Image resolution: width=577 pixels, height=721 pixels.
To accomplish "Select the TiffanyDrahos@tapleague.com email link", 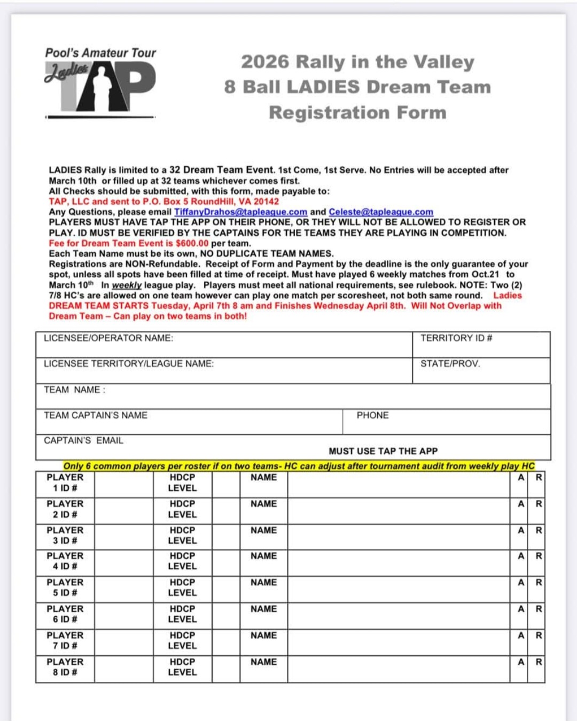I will point(240,212).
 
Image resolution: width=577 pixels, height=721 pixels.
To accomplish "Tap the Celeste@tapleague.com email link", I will point(381,212).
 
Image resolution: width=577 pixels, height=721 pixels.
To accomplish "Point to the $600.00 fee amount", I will point(192,243).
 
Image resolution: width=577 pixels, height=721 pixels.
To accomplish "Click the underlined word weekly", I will point(127,285).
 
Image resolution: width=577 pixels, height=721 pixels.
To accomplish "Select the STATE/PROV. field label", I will point(450,364).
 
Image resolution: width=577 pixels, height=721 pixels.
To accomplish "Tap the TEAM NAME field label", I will point(74,390).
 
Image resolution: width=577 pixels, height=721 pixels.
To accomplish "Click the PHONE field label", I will point(372,415).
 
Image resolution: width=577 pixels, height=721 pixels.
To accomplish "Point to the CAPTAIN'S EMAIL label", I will point(83,441).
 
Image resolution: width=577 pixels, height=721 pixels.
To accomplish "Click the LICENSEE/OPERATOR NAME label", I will point(108,338).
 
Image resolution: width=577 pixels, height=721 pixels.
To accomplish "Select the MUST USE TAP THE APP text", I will point(383,452).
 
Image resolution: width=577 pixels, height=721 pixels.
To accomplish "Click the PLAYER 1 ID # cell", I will point(65,483).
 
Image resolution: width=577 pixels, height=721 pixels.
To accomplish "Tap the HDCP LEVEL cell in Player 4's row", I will point(182,561).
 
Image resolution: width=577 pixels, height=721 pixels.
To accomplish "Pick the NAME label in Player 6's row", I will point(263,609).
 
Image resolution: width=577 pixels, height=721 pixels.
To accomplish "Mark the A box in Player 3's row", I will point(521,531).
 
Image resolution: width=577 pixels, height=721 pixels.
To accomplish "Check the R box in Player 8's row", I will point(539,662).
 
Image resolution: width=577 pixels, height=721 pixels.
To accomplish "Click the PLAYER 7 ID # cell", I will point(65,641).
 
